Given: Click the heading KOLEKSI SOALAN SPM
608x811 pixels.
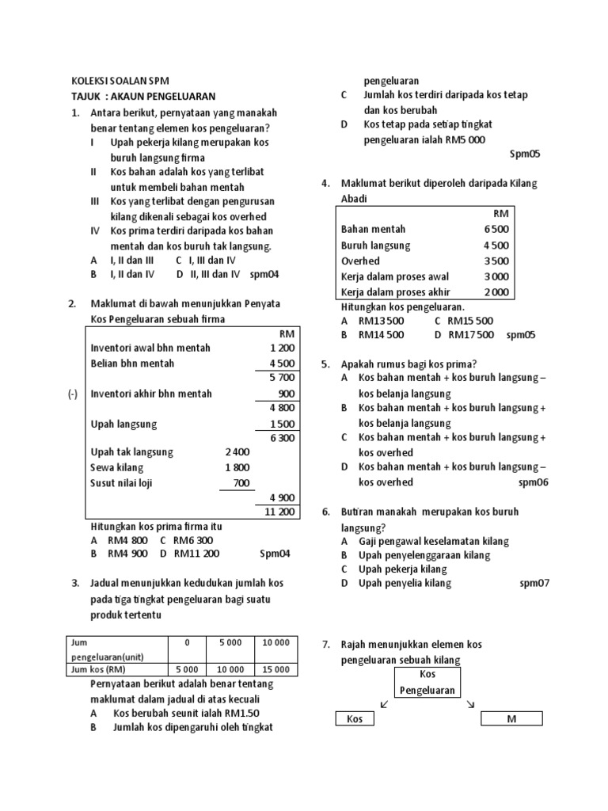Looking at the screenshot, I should [120, 81].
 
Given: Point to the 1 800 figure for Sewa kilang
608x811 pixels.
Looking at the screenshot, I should [237, 467].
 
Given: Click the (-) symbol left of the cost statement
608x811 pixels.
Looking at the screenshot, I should [73, 394].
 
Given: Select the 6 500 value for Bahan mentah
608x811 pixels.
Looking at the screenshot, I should [496, 230].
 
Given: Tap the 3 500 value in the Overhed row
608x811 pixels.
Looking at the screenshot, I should [496, 261].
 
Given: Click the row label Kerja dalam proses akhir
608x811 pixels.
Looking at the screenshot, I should [395, 291].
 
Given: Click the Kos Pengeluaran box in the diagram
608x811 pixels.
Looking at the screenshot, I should [427, 682].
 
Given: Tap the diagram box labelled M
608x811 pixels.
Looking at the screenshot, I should [511, 718].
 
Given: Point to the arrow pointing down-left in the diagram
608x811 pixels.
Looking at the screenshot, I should [384, 703].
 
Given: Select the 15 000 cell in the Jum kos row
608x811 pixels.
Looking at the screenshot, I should [276, 669].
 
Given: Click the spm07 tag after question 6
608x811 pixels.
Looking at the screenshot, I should [534, 584].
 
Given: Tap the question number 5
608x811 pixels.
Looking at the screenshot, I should [325, 364].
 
